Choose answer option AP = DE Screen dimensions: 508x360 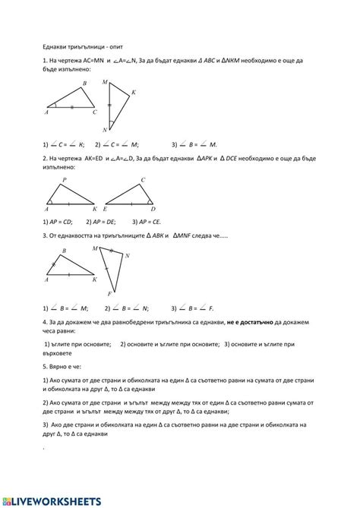pos(100,222)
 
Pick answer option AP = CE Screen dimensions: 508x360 pos(146,222)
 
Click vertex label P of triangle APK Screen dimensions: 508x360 pos(64,181)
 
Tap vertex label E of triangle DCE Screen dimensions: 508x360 pos(105,209)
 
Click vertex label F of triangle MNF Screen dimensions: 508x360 pos(110,294)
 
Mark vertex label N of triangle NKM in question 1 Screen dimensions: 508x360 pos(103,130)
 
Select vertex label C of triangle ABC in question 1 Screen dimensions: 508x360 pos(94,112)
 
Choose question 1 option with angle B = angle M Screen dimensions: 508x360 pos(194,144)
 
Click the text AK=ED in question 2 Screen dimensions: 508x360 pos(90,158)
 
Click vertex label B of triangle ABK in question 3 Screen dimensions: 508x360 pos(64,251)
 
